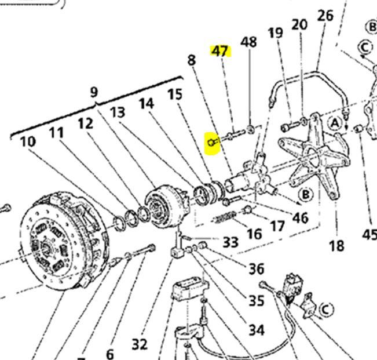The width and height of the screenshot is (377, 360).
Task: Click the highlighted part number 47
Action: (220, 51)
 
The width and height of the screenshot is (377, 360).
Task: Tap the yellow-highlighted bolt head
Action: (212, 141)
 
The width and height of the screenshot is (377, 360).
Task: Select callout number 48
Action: (248, 42)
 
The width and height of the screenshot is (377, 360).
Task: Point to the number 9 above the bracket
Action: (94, 92)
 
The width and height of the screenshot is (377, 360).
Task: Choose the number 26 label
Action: (325, 15)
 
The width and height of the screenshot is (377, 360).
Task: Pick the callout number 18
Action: (336, 245)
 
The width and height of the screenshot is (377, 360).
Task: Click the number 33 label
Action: (230, 241)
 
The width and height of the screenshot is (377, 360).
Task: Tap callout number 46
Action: (300, 218)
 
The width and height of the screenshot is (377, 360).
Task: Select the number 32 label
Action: (139, 344)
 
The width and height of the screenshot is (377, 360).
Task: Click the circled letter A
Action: (335, 122)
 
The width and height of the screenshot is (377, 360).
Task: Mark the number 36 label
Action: (256, 268)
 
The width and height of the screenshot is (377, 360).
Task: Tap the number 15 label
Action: (174, 94)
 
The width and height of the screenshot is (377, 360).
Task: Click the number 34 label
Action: (256, 329)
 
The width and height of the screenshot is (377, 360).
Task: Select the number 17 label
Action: (278, 224)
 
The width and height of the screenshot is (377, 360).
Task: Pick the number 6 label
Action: (110, 353)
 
